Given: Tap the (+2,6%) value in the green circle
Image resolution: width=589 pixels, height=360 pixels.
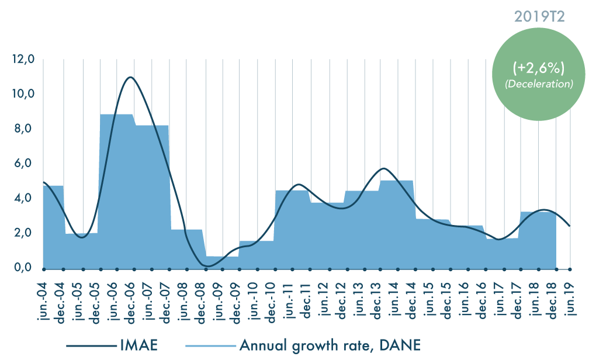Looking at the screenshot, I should pos(538,69).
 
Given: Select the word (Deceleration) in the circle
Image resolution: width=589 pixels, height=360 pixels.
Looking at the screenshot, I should pos(538,84).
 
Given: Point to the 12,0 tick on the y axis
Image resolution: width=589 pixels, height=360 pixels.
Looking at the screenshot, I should pos(24,59).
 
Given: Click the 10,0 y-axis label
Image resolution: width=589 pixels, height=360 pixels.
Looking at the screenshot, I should pos(24,94).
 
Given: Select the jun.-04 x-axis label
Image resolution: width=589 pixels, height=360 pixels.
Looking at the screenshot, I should pos(44,301).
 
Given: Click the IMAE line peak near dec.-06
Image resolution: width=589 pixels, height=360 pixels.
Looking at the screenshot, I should pos(130,77).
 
